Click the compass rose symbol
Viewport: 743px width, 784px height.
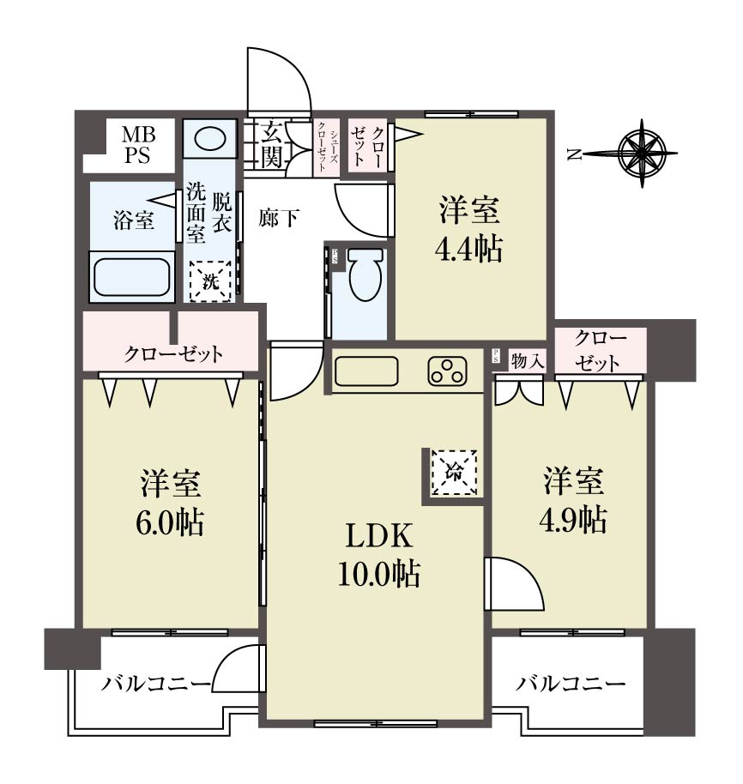(x=642, y=154)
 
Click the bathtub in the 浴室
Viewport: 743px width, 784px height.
(x=132, y=276)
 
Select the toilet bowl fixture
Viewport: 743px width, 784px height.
(x=365, y=274)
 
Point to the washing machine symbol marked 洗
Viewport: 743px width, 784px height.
(x=210, y=281)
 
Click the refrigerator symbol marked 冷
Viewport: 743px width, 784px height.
(x=454, y=472)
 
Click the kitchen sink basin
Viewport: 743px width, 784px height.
(x=366, y=371)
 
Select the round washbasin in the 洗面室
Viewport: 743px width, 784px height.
(x=209, y=138)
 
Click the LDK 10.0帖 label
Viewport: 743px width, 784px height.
(x=378, y=554)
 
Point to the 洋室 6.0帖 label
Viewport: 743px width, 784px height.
(x=170, y=503)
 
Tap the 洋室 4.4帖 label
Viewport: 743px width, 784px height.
(x=468, y=229)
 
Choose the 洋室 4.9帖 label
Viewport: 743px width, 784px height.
(x=573, y=500)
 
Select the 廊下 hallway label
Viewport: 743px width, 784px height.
(x=279, y=218)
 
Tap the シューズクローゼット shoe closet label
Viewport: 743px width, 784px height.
(x=327, y=148)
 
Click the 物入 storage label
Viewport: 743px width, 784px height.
(x=528, y=360)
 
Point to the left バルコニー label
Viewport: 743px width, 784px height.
(x=155, y=684)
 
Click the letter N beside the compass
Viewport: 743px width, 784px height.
(x=575, y=155)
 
